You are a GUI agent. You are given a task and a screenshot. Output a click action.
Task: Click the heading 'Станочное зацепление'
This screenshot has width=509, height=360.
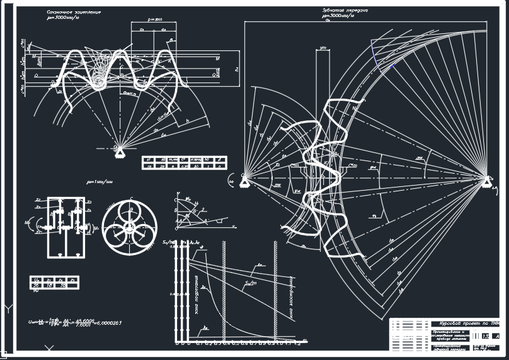pyautogui.click(x=74, y=12)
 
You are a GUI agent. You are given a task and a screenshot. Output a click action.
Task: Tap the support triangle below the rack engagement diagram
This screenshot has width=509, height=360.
pyautogui.click(x=120, y=150)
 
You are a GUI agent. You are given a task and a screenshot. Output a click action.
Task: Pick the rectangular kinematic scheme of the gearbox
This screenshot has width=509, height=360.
pyautogui.click(x=65, y=227)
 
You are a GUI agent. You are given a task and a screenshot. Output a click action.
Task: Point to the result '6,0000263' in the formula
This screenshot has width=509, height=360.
pyautogui.click(x=107, y=322)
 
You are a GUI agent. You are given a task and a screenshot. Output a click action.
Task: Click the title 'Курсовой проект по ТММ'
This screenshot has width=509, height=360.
pyautogui.click(x=466, y=323)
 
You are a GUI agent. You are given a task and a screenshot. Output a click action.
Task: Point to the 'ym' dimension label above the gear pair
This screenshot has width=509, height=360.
pyautogui.click(x=324, y=47)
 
